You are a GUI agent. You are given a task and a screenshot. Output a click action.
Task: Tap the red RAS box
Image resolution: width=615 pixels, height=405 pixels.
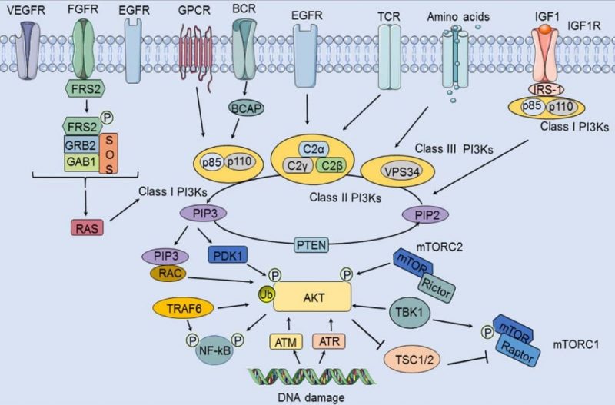click(85, 227)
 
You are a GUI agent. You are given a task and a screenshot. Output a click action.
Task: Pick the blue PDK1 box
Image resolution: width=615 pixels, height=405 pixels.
click(231, 254)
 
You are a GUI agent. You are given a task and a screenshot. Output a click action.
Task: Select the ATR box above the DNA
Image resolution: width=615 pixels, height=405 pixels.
click(328, 341)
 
